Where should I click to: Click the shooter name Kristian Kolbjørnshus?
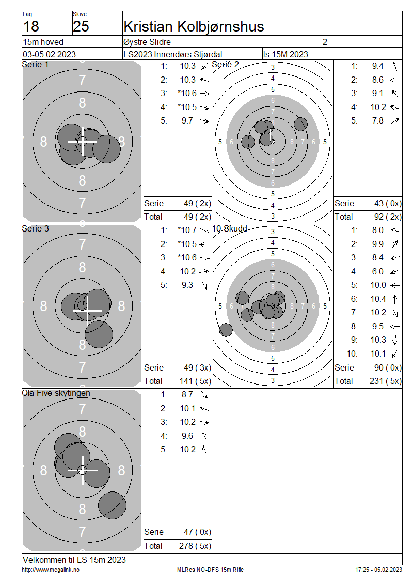(x=194, y=26)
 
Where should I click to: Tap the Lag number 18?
(x=31, y=26)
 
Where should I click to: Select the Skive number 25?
(x=81, y=26)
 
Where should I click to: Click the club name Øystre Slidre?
(x=147, y=42)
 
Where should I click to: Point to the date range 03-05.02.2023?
(x=49, y=54)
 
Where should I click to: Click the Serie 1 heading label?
(x=35, y=65)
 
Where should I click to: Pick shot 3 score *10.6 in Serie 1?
(x=187, y=94)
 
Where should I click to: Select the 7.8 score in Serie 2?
(x=378, y=120)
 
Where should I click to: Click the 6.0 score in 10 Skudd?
(x=378, y=271)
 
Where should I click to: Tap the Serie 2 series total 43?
(x=379, y=203)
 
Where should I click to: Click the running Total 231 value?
(x=376, y=381)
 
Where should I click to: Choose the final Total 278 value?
(x=186, y=546)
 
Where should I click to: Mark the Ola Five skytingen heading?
(x=56, y=393)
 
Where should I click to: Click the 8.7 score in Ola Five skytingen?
(x=187, y=395)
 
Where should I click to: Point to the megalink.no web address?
(x=51, y=570)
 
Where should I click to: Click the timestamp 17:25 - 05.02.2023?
(x=379, y=570)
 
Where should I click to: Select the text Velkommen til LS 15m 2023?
(x=74, y=560)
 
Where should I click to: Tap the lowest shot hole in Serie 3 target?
(x=99, y=334)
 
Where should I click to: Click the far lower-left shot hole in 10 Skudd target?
(x=226, y=330)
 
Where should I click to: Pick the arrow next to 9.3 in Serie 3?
(x=204, y=285)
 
